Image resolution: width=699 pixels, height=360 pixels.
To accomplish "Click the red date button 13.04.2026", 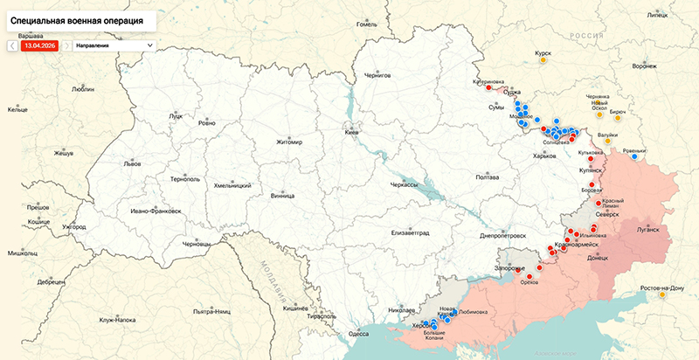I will click(x=40, y=44).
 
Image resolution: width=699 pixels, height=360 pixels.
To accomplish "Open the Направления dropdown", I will click(x=114, y=44).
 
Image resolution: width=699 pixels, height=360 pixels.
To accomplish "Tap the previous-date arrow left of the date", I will click(x=12, y=44).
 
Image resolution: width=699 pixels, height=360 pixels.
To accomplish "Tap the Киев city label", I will click(x=352, y=132).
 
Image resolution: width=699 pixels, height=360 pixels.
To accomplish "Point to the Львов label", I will click(x=132, y=163).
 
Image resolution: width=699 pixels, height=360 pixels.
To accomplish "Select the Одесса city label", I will click(x=358, y=333).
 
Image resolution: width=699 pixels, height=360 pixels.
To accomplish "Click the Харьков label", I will click(x=544, y=156).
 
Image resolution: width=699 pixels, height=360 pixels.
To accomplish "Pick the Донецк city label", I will click(x=598, y=259).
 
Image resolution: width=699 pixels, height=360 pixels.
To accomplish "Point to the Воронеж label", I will click(x=644, y=66).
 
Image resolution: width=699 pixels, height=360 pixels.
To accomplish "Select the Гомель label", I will click(x=366, y=24).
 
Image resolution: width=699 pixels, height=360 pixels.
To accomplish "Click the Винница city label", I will click(x=283, y=196).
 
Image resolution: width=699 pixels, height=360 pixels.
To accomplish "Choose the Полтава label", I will click(x=487, y=177).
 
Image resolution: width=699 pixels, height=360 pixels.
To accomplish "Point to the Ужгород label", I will click(x=74, y=227).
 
